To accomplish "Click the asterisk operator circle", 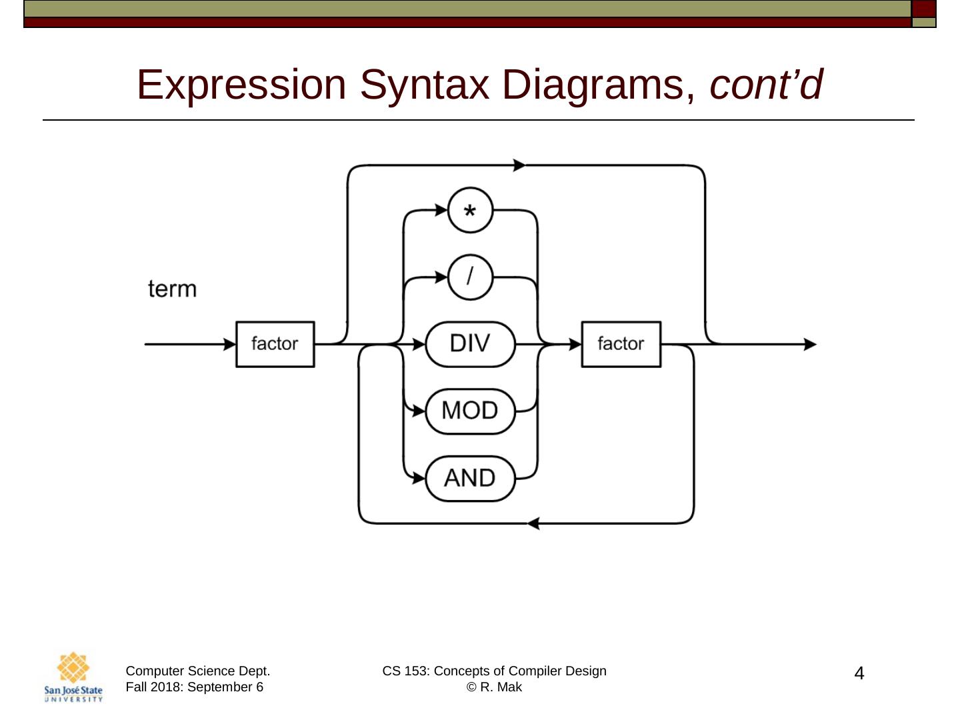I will [470, 211].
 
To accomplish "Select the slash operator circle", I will [470, 277].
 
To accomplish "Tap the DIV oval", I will [470, 344].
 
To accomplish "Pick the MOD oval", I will [470, 411].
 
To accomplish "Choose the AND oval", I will [470, 478].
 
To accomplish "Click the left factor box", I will [275, 344].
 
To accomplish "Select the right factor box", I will [621, 344].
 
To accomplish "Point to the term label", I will [173, 289].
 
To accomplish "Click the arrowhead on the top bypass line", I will [519, 165].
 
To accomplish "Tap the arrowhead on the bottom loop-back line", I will [533, 523].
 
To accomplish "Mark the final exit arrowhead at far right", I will [810, 344].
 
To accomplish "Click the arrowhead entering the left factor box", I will [230, 344].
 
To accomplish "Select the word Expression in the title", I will [241, 85].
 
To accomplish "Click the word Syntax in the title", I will [424, 85].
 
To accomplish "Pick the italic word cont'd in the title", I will [766, 85].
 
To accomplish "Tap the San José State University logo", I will [73, 677].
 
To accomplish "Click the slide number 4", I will [859, 674].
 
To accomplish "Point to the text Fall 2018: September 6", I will [194, 687].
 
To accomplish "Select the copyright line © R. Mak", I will [494, 687].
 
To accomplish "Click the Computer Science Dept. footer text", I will [198, 671].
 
